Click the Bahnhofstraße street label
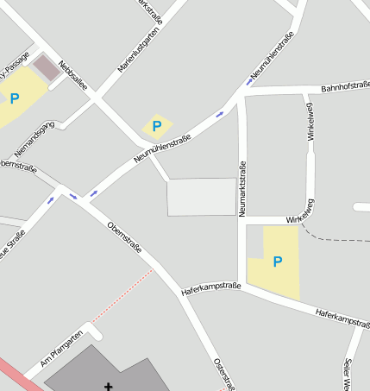coord(345,86)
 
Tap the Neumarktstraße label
coord(242,188)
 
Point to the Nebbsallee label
coord(73,74)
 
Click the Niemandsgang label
coord(34,138)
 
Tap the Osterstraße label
coord(220,372)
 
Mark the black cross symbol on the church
coord(109,385)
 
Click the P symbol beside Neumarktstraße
coord(277,262)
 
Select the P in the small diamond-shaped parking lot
coord(156,127)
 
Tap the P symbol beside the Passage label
coord(14,98)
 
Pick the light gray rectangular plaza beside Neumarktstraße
coord(201,197)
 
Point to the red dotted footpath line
coord(121,299)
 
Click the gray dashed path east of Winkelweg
coord(332,236)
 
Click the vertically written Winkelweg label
coord(310,121)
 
